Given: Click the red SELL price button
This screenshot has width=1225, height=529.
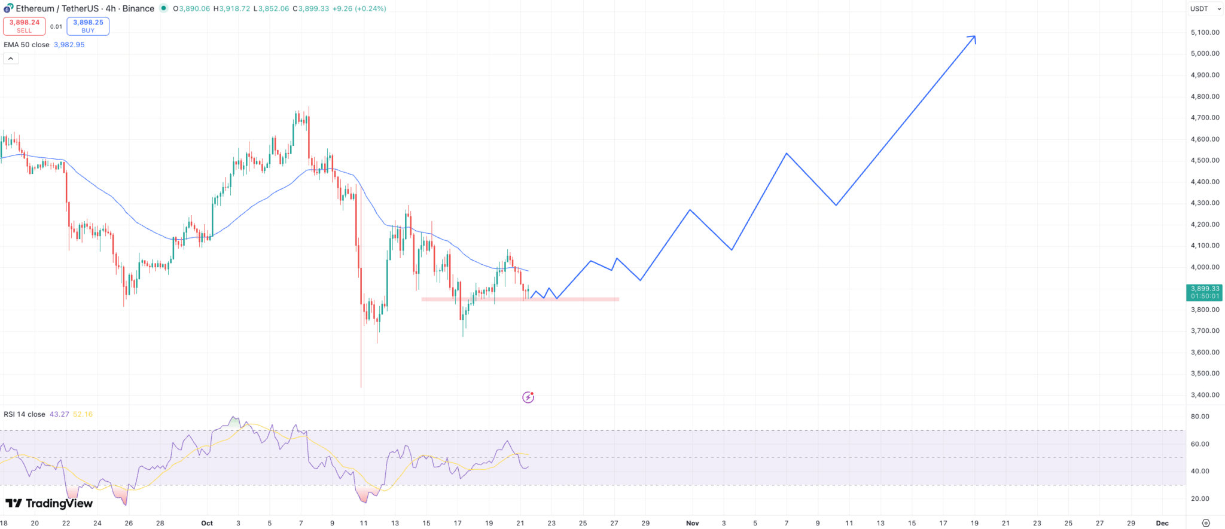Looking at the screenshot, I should [25, 26].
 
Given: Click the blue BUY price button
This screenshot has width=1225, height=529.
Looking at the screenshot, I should [88, 26].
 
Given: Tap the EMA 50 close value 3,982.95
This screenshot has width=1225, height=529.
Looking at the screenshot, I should [69, 45].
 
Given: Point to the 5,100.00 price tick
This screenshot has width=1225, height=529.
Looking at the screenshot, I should [1205, 32].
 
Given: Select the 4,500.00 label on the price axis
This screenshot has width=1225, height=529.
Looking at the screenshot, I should [1205, 160].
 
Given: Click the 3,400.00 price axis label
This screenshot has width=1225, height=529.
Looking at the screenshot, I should [1205, 395].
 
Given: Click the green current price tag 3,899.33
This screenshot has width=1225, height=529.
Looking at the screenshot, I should [1205, 292].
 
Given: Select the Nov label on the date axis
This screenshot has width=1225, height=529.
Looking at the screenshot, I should [692, 523].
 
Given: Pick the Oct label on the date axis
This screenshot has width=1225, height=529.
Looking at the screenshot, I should [207, 523].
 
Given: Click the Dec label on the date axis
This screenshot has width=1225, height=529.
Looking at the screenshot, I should [1162, 523].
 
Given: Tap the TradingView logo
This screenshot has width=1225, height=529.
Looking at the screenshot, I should [50, 503].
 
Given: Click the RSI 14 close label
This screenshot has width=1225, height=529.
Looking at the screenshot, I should [25, 414].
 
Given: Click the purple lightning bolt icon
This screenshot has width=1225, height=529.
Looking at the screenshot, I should [528, 397].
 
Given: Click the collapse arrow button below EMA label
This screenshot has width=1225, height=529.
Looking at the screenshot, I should [11, 59].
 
